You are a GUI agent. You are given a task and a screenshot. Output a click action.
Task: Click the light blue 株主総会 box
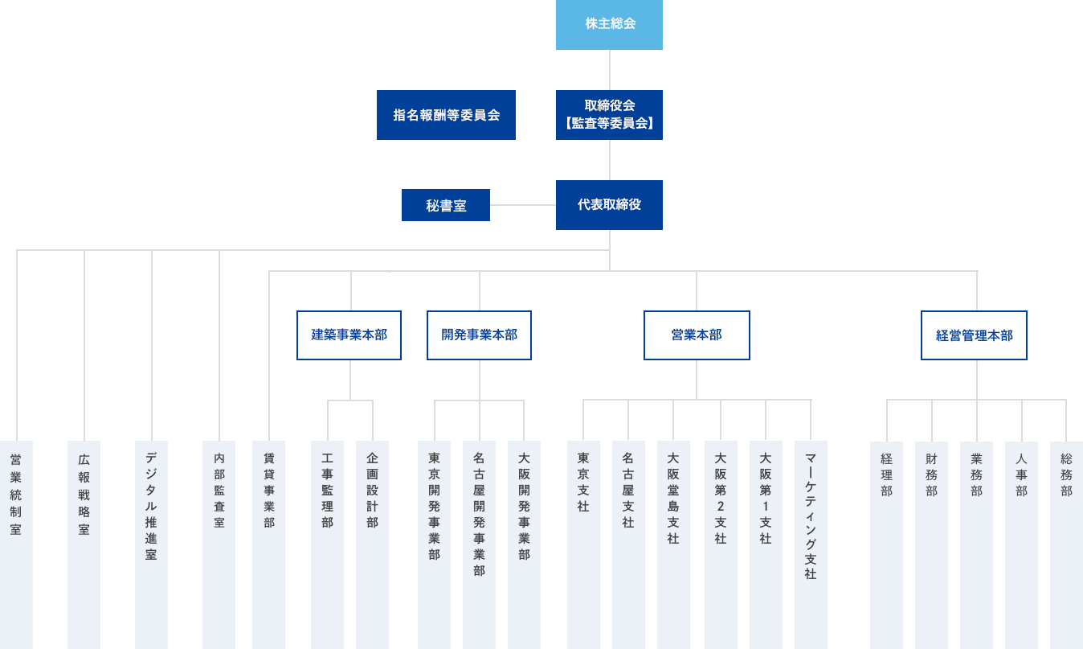pyautogui.click(x=609, y=24)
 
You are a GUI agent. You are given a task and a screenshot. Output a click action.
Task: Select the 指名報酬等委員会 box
pyautogui.click(x=446, y=115)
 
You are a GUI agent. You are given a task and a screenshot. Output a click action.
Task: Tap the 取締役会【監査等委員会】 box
pyautogui.click(x=609, y=115)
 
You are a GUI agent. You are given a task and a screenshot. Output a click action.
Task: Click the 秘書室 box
pyautogui.click(x=446, y=205)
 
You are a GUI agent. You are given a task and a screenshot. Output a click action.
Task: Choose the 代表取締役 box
pyautogui.click(x=609, y=205)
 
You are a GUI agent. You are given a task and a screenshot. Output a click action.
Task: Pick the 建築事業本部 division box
pyautogui.click(x=349, y=335)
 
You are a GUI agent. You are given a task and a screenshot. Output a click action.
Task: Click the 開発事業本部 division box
pyautogui.click(x=479, y=335)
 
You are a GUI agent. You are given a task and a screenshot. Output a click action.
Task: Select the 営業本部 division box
pyautogui.click(x=697, y=335)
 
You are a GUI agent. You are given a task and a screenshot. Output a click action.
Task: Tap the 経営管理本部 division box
pyautogui.click(x=974, y=335)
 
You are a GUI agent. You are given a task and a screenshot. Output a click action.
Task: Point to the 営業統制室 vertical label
pyautogui.click(x=16, y=495)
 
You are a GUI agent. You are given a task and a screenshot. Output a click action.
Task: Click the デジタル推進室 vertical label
pyautogui.click(x=151, y=507)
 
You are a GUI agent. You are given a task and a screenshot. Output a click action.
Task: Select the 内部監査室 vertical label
pyautogui.click(x=219, y=491)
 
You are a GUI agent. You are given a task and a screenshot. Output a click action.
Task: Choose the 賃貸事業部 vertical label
pyautogui.click(x=268, y=491)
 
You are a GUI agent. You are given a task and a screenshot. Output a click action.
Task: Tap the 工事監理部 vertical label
pyautogui.click(x=327, y=491)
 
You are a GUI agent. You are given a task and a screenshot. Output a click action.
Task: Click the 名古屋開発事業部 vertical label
pyautogui.click(x=479, y=515)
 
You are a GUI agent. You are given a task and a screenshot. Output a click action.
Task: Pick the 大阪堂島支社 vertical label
pyautogui.click(x=673, y=499)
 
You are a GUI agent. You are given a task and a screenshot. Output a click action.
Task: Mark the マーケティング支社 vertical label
pyautogui.click(x=811, y=515)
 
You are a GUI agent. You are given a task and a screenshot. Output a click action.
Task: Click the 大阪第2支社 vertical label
pyautogui.click(x=721, y=499)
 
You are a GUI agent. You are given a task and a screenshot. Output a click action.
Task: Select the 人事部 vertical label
pyautogui.click(x=1021, y=474)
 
